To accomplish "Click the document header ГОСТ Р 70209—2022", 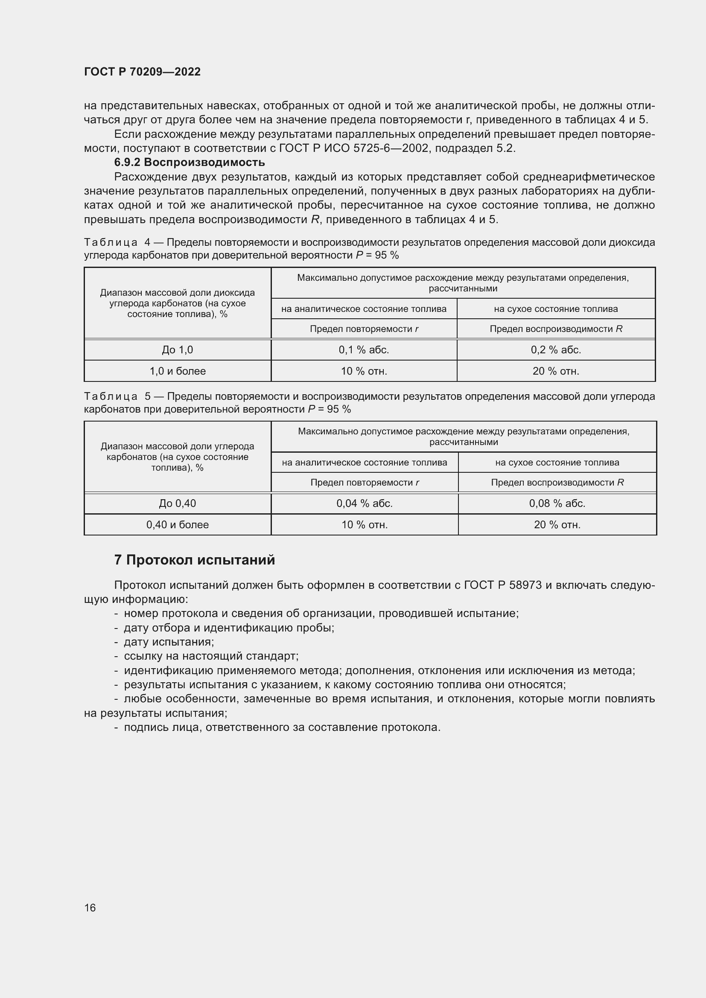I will point(142,72).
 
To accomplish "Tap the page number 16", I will point(90,908).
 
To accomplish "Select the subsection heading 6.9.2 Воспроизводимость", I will point(189,163).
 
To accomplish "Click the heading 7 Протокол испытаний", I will point(194,560).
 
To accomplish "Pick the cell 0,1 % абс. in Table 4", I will point(363,350).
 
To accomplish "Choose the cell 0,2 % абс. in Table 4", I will point(556,350).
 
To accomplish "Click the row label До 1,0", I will point(178,350).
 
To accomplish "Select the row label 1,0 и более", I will point(178,371).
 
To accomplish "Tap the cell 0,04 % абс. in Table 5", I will point(364,503).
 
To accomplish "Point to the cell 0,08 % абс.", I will point(557,503).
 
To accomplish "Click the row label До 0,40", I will point(178,503).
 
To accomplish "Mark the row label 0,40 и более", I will point(178,525).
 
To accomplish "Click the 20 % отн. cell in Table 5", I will point(557,525).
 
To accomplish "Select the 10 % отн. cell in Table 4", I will point(363,371).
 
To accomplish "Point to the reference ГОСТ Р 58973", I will point(502,585).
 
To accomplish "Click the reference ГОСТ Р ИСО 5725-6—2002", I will point(355,148).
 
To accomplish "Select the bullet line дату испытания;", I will point(169,642).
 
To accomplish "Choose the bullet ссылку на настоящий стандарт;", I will point(211,656).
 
